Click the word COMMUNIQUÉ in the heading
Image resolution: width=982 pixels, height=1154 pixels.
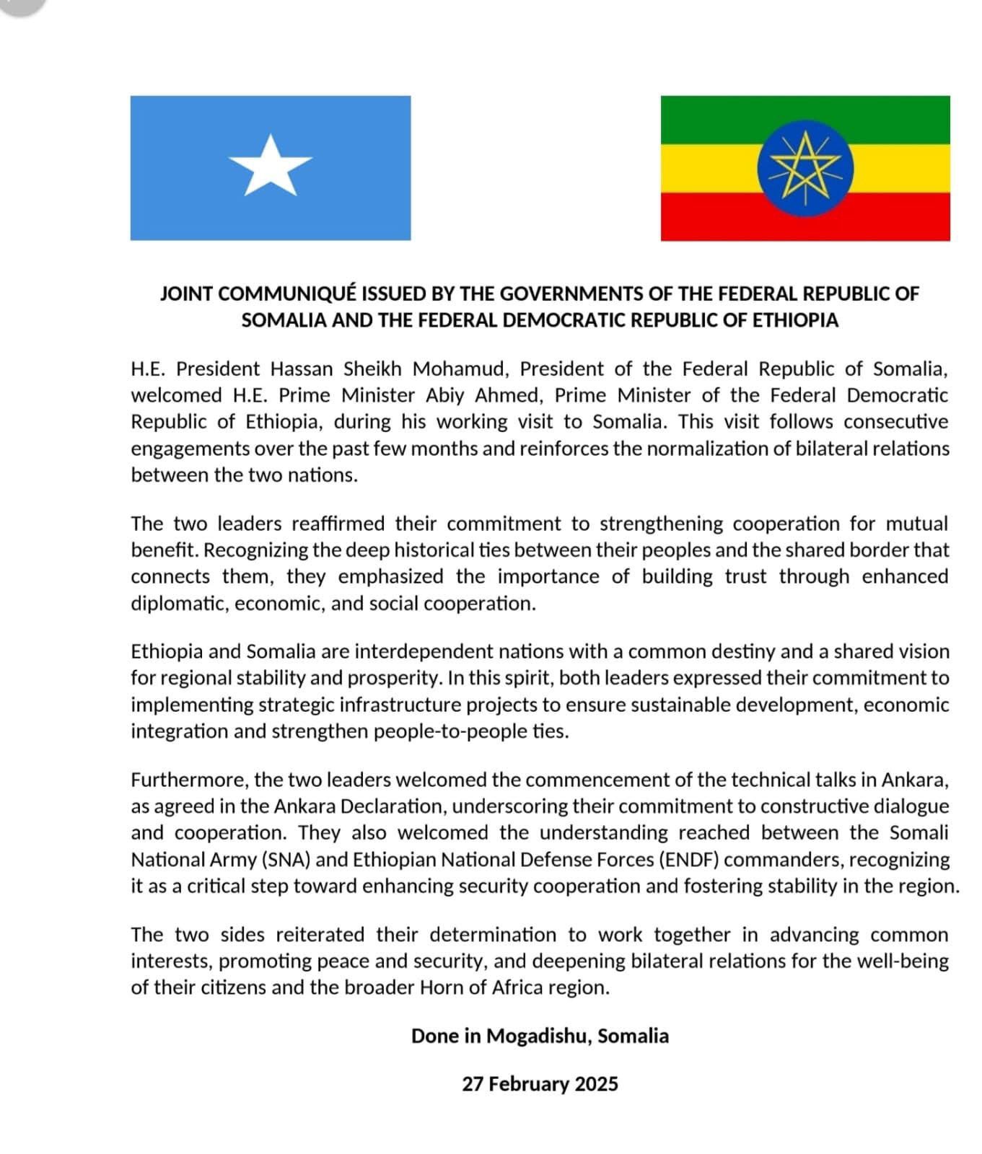click(286, 294)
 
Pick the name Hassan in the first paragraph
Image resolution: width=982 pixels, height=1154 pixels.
click(302, 369)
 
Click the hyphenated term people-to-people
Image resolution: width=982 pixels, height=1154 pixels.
click(443, 732)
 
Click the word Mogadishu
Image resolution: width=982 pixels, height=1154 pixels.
click(539, 1036)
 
